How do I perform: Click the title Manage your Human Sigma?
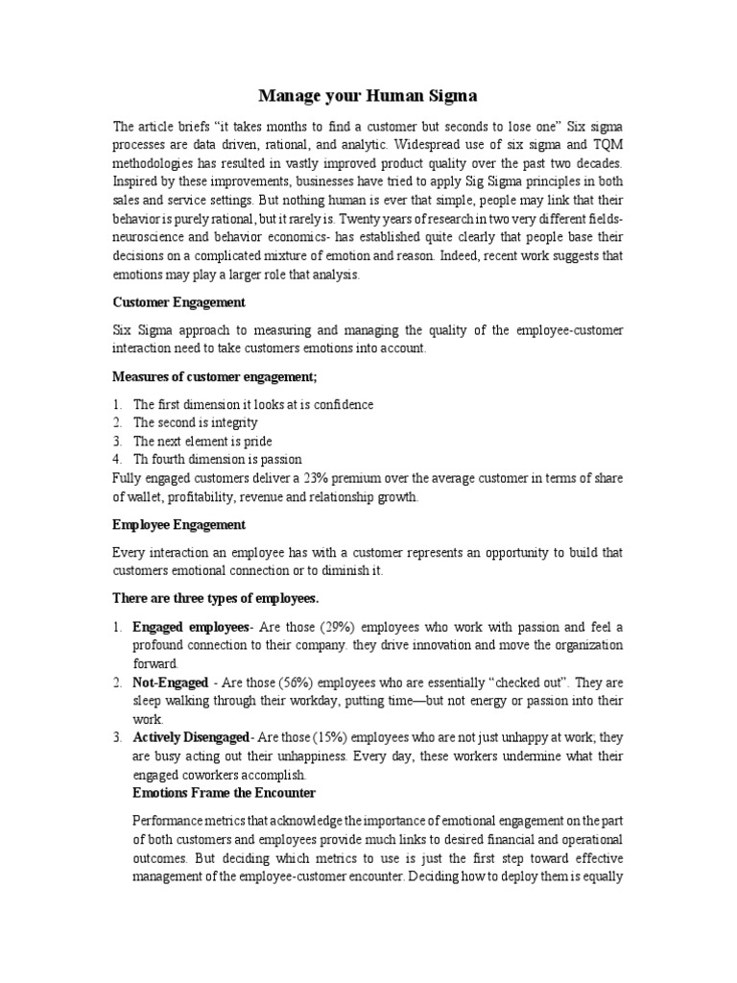(368, 96)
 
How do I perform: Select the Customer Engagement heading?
(178, 302)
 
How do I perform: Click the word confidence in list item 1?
(341, 405)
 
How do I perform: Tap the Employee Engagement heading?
(178, 525)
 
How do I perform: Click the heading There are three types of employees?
(215, 598)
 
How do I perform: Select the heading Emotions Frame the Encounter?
(224, 793)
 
